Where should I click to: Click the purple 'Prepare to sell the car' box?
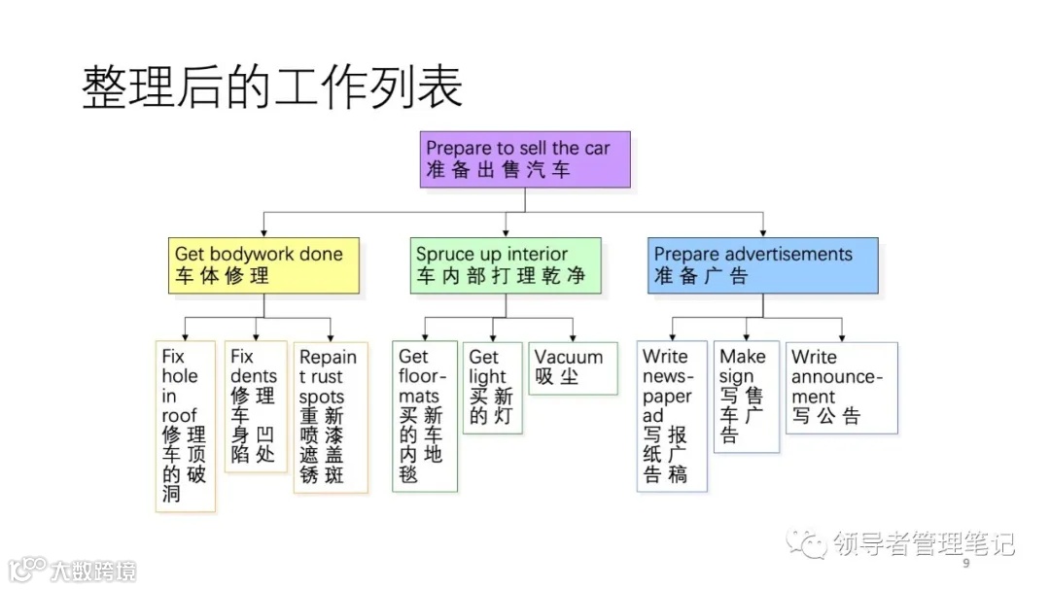point(526,159)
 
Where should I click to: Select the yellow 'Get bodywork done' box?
point(263,265)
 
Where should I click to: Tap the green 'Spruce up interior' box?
point(505,265)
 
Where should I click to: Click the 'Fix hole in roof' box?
point(185,426)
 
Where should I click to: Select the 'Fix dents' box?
point(255,406)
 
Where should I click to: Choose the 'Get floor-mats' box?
point(425,416)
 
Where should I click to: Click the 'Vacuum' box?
point(572,366)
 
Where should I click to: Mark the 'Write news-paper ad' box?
point(672,416)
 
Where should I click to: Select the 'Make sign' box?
point(746,397)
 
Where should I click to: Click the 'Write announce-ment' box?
point(841,387)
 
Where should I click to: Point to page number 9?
point(965,565)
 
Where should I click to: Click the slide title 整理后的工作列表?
point(272,87)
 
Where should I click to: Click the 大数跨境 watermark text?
point(94,570)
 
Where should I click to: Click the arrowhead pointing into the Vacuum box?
point(572,336)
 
